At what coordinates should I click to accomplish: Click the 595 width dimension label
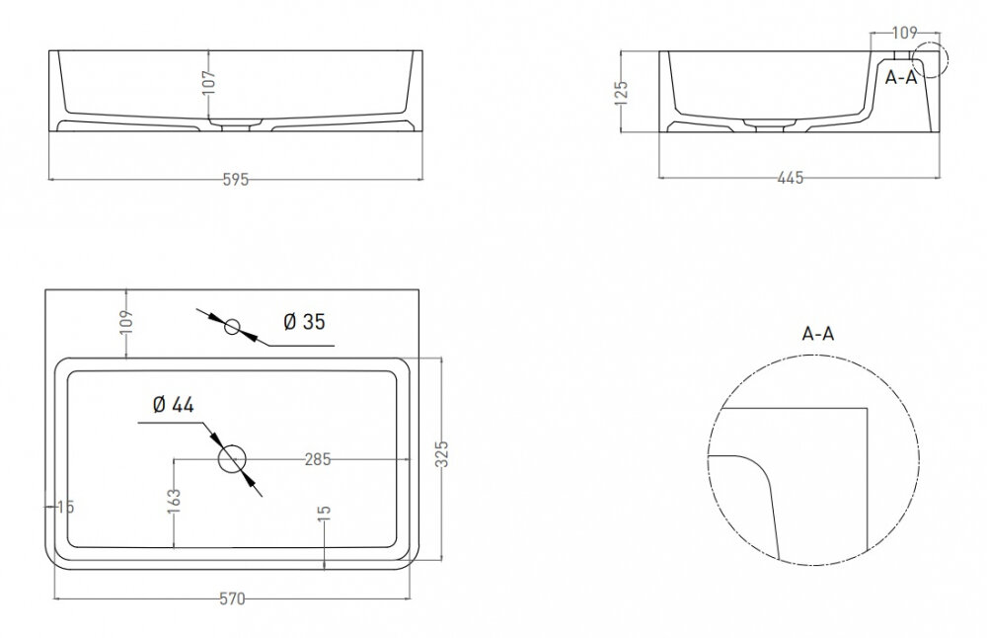tap(236, 180)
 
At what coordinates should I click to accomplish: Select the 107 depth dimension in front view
tap(209, 83)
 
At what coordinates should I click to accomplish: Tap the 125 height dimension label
tap(621, 92)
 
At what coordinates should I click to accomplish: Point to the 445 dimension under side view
tap(791, 178)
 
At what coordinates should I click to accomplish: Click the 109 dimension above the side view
tap(905, 33)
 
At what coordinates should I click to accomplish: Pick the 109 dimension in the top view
tap(126, 321)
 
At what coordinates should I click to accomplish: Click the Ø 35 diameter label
tap(304, 322)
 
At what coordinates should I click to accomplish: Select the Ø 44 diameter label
tap(173, 404)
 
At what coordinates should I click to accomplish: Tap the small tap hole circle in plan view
tap(232, 327)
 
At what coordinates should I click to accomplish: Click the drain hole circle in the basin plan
tap(232, 459)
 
